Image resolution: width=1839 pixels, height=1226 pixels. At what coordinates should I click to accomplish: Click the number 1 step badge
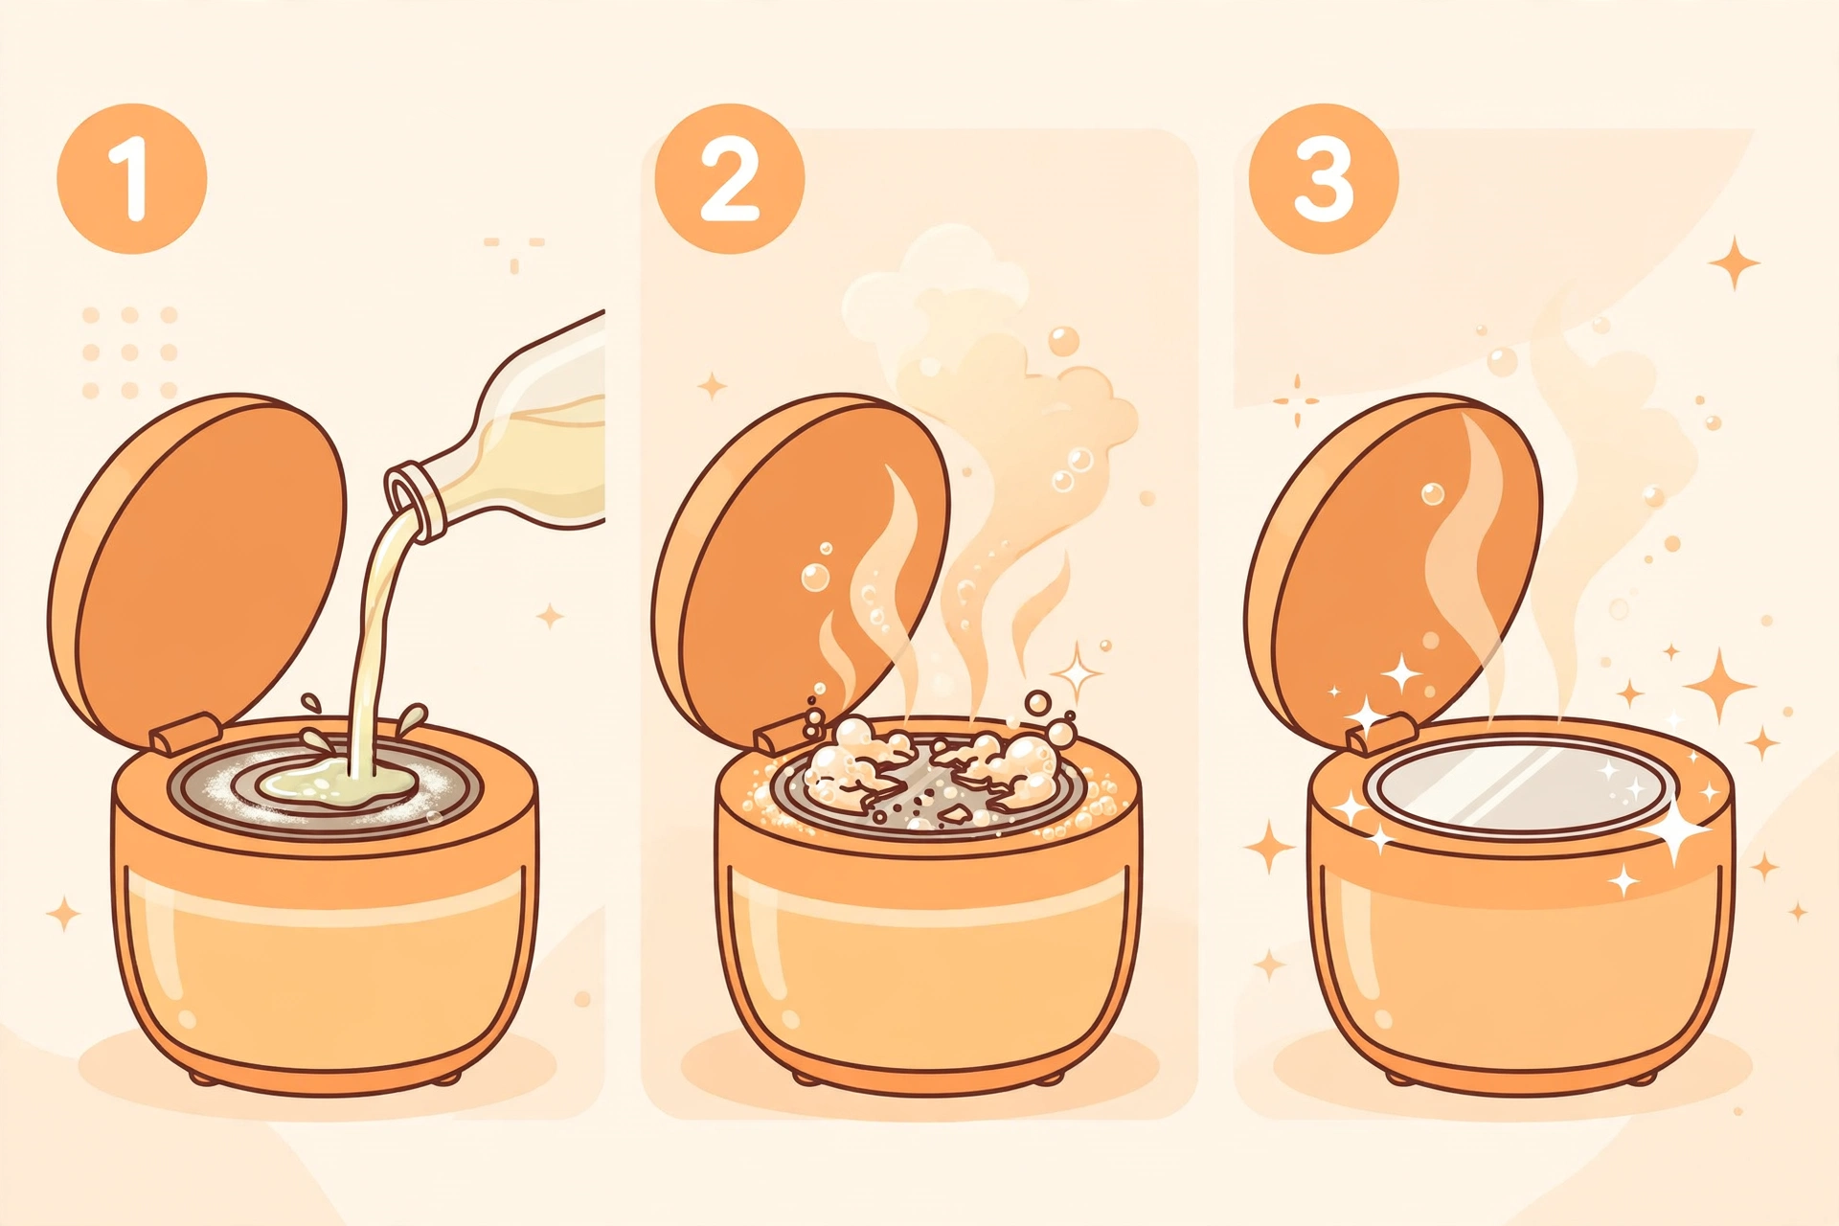(x=132, y=179)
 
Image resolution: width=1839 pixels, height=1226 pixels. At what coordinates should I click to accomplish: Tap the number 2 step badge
(x=730, y=179)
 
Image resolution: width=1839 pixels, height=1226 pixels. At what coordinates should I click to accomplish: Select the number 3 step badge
(x=1325, y=179)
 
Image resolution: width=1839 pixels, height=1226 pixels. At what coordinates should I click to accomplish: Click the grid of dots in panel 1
(x=130, y=352)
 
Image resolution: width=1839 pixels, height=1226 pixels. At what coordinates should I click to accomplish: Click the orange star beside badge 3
(x=1735, y=262)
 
